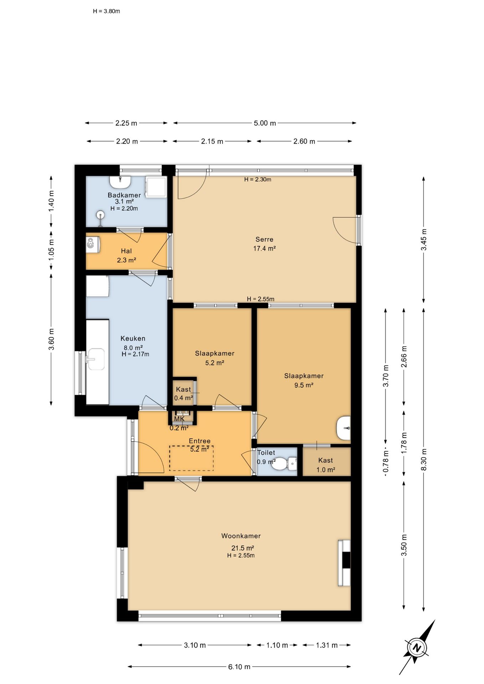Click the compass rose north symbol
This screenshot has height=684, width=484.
416,648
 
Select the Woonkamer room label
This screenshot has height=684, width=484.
241,536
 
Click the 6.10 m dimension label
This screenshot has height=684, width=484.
239,667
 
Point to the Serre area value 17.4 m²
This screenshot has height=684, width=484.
264,249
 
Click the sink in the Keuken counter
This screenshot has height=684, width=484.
95,359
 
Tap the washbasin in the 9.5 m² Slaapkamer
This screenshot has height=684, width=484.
344,428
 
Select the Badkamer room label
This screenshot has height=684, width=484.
124,195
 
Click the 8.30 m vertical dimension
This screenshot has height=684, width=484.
424,460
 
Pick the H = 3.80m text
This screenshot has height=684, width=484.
107,11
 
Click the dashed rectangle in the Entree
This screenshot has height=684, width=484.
191,458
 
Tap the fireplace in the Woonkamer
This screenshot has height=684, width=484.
344,563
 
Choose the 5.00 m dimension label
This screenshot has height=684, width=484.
265,123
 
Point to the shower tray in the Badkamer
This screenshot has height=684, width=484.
156,187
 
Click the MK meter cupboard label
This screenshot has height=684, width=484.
179,419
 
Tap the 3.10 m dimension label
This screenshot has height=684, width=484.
195,645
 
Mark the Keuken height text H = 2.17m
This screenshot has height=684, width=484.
135,354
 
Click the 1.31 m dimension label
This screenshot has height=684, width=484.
327,645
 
